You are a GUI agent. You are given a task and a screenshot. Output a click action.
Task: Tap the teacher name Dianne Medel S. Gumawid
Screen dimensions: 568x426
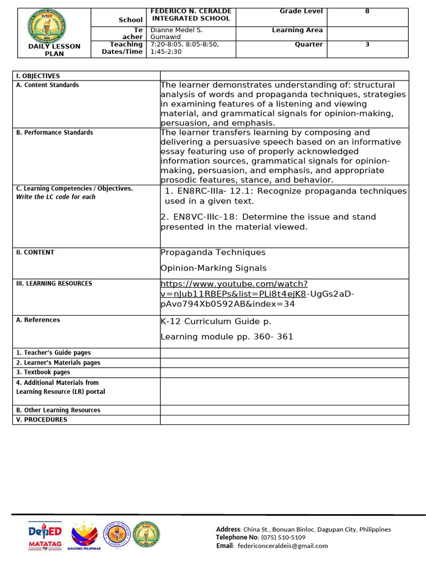pyautogui.click(x=177, y=33)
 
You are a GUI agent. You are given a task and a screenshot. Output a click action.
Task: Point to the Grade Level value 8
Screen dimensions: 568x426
pyautogui.click(x=367, y=11)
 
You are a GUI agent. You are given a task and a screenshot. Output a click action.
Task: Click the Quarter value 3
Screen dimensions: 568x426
pyautogui.click(x=367, y=44)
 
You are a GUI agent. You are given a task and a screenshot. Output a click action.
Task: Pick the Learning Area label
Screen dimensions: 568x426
pyautogui.click(x=297, y=30)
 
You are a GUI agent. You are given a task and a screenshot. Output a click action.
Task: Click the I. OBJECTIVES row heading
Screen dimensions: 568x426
pyautogui.click(x=38, y=76)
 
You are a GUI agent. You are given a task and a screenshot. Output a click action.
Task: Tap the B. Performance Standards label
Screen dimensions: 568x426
pyautogui.click(x=54, y=133)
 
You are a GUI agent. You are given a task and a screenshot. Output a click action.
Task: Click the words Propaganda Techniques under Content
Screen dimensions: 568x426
pyautogui.click(x=213, y=252)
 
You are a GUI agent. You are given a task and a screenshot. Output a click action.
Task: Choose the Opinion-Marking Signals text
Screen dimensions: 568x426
pyautogui.click(x=214, y=268)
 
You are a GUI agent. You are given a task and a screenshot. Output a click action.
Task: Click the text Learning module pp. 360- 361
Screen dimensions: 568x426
pyautogui.click(x=227, y=337)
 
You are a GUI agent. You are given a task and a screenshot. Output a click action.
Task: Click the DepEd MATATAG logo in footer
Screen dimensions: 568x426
pyautogui.click(x=45, y=536)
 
